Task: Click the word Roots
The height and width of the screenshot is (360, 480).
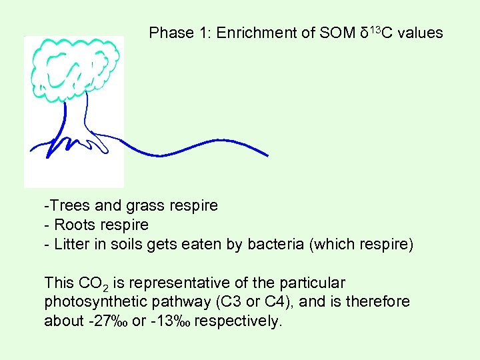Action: click(74, 225)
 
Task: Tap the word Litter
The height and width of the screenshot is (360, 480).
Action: click(71, 244)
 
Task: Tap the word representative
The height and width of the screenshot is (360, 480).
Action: click(178, 283)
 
